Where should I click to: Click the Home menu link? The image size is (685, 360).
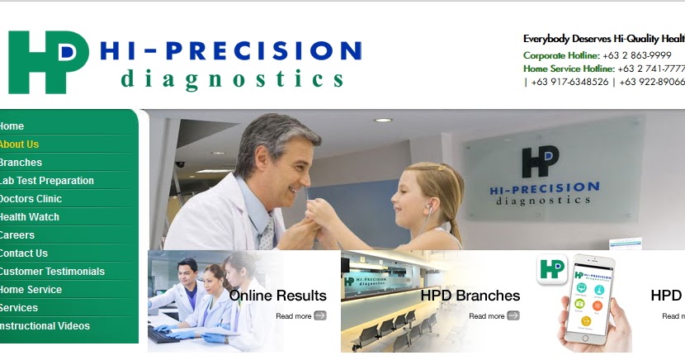(12, 126)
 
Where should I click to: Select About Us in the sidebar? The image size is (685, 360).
(19, 144)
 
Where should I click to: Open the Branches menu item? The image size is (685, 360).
(21, 163)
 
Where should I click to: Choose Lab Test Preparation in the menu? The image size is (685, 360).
(46, 181)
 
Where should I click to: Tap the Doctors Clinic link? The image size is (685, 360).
(31, 199)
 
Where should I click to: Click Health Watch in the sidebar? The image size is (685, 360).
(29, 217)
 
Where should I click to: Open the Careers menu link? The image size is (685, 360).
(17, 235)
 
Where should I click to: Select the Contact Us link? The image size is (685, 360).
(23, 253)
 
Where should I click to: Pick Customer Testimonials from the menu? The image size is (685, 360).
(52, 272)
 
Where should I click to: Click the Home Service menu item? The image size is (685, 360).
(31, 290)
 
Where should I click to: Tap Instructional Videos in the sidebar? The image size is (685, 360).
(45, 326)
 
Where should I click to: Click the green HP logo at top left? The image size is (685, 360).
(47, 62)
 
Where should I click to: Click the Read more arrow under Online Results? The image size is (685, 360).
(320, 315)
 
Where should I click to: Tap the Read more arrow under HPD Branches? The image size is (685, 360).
(513, 315)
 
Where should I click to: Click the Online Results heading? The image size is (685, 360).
(277, 296)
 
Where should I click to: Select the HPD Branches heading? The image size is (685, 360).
(470, 296)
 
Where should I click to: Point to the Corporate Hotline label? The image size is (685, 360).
(561, 55)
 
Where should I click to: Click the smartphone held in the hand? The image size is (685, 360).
(590, 301)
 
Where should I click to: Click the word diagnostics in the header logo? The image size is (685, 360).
(232, 79)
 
